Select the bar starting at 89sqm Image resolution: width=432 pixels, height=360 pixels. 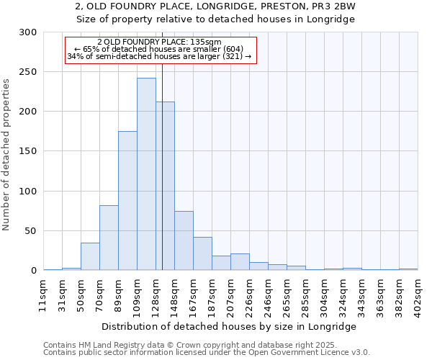point(127,200)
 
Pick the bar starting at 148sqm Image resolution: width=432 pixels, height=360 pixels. point(184,240)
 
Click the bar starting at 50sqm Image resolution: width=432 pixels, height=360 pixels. point(90,256)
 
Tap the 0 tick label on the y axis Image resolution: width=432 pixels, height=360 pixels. point(33,271)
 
